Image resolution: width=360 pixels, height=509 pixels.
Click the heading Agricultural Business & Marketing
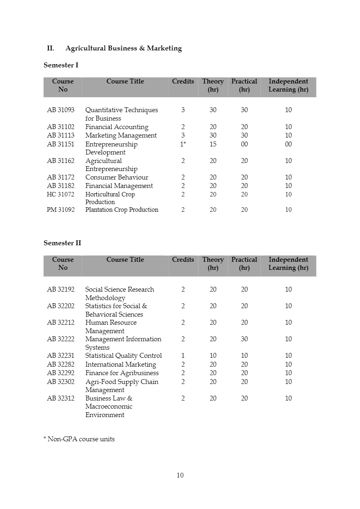123,48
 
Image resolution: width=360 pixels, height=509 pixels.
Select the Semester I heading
61,65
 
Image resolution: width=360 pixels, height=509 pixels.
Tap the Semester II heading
62,243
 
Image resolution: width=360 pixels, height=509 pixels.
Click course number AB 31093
60,110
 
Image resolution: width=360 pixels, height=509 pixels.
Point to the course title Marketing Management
121,136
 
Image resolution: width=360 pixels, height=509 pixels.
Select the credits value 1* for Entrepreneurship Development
183,144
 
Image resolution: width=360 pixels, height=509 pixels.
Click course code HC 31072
60,194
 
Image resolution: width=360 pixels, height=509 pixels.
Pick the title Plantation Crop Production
122,210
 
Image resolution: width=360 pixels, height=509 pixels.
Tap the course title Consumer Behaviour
117,177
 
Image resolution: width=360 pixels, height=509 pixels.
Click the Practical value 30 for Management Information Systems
244,339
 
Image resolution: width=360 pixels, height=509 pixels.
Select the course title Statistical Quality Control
123,356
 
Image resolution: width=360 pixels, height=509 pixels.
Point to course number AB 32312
60,398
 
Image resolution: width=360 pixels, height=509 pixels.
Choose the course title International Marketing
121,365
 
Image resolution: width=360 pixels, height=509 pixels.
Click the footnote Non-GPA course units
79,439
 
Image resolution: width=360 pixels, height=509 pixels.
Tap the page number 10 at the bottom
180,476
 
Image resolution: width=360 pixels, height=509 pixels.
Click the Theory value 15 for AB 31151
213,144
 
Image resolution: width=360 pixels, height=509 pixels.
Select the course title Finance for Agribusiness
122,373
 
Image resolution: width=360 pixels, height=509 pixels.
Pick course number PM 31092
60,210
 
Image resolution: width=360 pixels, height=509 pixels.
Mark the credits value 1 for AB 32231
183,356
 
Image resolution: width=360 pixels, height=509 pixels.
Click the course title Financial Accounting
117,127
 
